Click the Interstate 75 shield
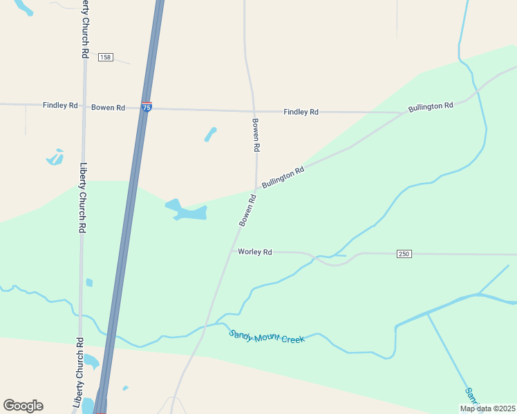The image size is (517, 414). click(x=147, y=107)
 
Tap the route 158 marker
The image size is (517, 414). click(x=105, y=57)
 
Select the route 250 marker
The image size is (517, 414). click(x=404, y=254)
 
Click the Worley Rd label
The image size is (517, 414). click(x=255, y=253)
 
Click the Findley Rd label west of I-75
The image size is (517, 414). click(x=60, y=106)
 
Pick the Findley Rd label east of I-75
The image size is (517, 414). click(x=301, y=112)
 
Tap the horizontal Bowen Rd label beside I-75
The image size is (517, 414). click(x=109, y=107)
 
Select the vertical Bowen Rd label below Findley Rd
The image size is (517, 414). click(x=256, y=135)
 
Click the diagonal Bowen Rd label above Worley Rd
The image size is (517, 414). click(x=247, y=210)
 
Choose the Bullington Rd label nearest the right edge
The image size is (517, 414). click(x=430, y=107)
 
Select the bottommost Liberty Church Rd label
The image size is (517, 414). click(x=77, y=373)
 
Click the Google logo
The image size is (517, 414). click(x=23, y=406)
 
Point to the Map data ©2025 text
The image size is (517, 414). click(x=487, y=408)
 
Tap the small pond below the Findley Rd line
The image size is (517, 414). click(x=211, y=134)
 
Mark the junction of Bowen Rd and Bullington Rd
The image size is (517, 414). click(x=256, y=188)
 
